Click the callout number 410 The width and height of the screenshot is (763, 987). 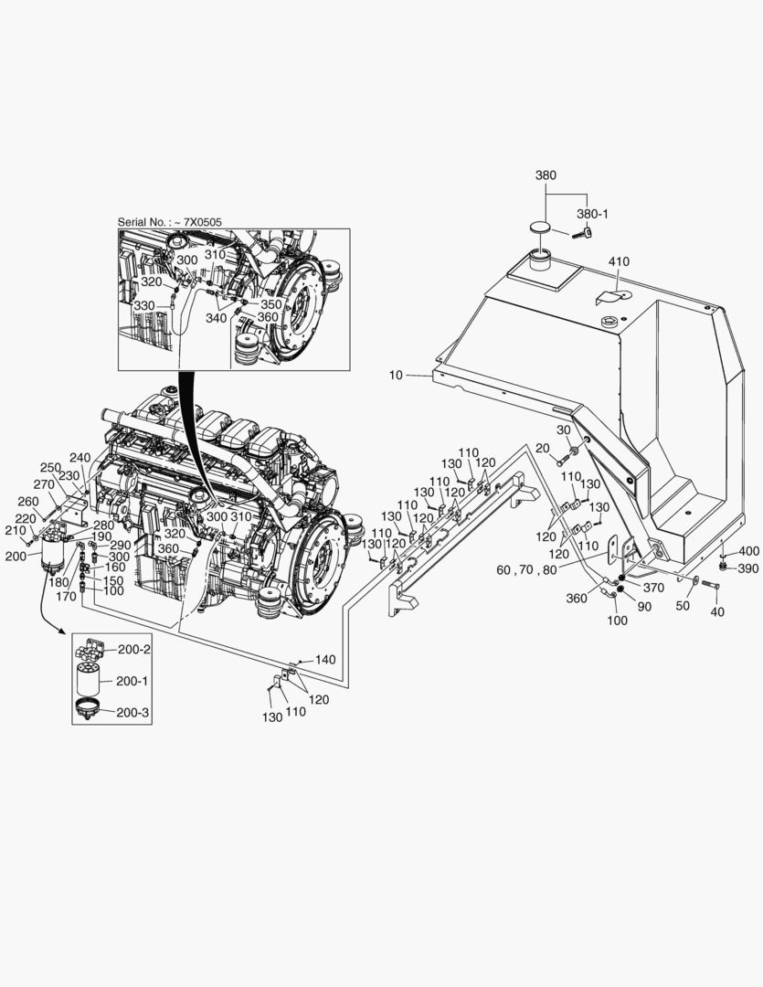click(x=619, y=261)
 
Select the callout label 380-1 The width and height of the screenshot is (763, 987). click(x=592, y=213)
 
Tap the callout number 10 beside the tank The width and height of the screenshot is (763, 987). click(x=395, y=375)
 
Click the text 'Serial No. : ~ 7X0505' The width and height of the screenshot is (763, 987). click(x=169, y=222)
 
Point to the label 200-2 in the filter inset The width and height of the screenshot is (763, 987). click(x=133, y=649)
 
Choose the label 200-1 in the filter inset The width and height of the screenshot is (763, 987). click(x=133, y=681)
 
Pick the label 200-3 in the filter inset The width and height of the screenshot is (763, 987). click(x=133, y=712)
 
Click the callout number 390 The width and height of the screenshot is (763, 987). click(x=748, y=568)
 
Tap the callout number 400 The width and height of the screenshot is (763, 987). click(x=748, y=551)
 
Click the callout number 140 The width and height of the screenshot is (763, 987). click(x=325, y=659)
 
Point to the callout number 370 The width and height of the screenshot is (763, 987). click(x=653, y=588)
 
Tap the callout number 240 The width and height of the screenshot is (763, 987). click(x=80, y=457)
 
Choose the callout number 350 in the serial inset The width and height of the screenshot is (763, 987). click(x=271, y=303)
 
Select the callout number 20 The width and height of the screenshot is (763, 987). click(x=543, y=448)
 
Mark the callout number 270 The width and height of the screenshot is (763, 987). click(x=44, y=484)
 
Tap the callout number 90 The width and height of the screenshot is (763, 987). click(x=644, y=607)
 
